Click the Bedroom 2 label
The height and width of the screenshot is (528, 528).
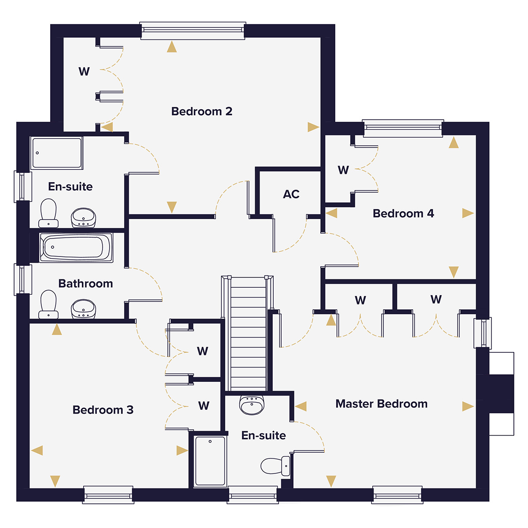[202, 111]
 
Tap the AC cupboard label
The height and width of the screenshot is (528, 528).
[291, 194]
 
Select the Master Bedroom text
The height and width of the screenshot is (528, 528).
[381, 404]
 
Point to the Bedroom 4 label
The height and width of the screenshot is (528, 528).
[403, 213]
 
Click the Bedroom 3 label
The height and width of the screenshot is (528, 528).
[103, 410]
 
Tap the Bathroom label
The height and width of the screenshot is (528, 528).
[85, 283]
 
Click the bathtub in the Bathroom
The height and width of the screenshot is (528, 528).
[76, 247]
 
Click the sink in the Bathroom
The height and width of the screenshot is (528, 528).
[83, 309]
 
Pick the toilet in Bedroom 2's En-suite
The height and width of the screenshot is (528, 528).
[48, 213]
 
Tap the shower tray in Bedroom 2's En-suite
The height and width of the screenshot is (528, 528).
[56, 153]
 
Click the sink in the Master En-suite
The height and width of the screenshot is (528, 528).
[252, 404]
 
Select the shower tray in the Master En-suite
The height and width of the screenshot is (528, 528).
[210, 461]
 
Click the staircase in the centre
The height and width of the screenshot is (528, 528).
[248, 334]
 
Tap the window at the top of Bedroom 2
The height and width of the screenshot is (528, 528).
[193, 30]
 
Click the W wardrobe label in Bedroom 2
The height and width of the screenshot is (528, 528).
[84, 71]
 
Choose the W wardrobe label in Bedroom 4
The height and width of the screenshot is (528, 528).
[343, 170]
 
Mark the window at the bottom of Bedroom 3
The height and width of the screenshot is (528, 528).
[108, 495]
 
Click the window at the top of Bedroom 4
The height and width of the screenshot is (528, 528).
[403, 128]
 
